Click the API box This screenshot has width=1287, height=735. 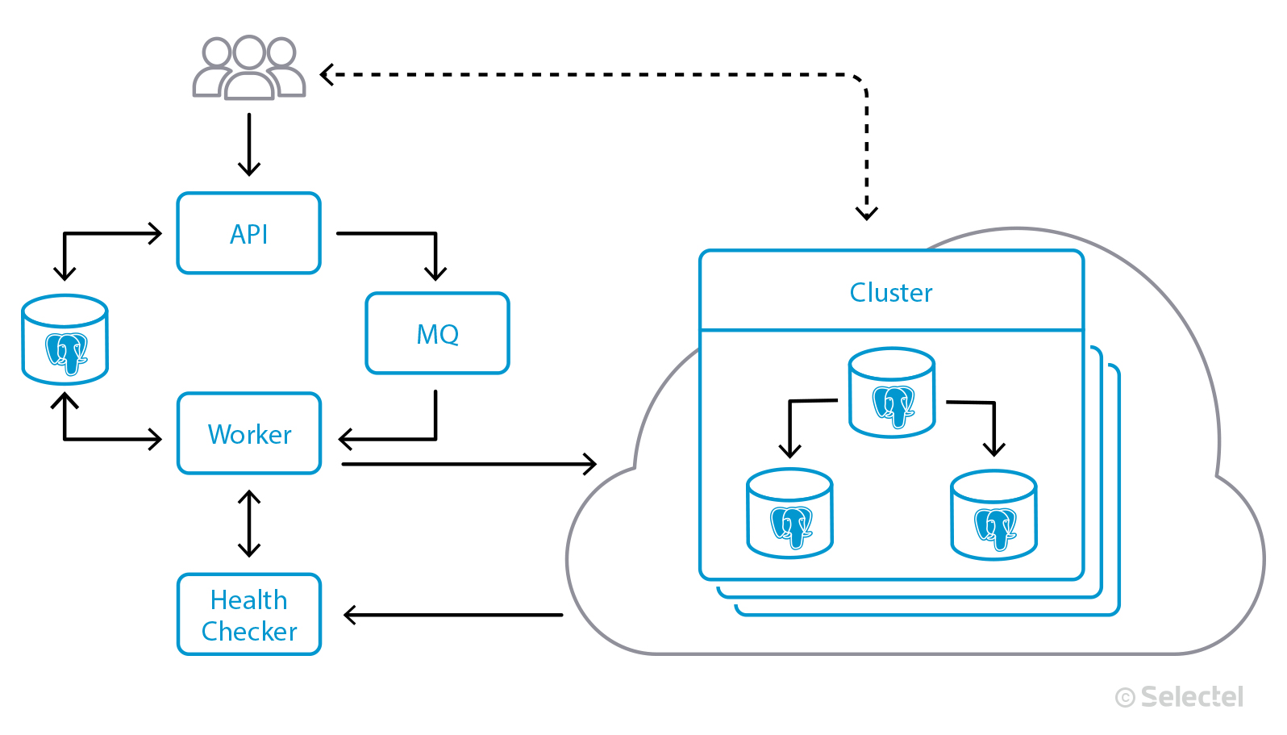pyautogui.click(x=248, y=233)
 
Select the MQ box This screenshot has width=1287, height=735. pyautogui.click(x=437, y=333)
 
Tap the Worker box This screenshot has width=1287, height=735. pyautogui.click(x=248, y=433)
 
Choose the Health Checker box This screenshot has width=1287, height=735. pyautogui.click(x=248, y=615)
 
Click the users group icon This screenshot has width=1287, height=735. pyautogui.click(x=248, y=68)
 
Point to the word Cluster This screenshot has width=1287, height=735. pyautogui.click(x=891, y=292)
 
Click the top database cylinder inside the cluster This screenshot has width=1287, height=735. pyautogui.click(x=892, y=393)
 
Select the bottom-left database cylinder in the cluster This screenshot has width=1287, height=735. pyautogui.click(x=789, y=514)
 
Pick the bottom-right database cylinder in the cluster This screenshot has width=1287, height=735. pyautogui.click(x=993, y=516)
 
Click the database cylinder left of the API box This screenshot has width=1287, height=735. pyautogui.click(x=65, y=340)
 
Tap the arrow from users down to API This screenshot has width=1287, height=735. pyautogui.click(x=249, y=144)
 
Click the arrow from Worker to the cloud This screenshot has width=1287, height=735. pyautogui.click(x=468, y=464)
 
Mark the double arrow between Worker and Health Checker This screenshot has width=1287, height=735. pyautogui.click(x=249, y=524)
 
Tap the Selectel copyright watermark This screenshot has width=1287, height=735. pyautogui.click(x=1180, y=697)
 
